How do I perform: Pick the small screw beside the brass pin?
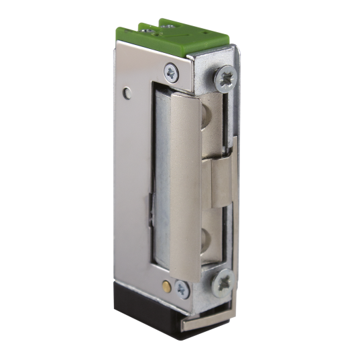click(x=181, y=289)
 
